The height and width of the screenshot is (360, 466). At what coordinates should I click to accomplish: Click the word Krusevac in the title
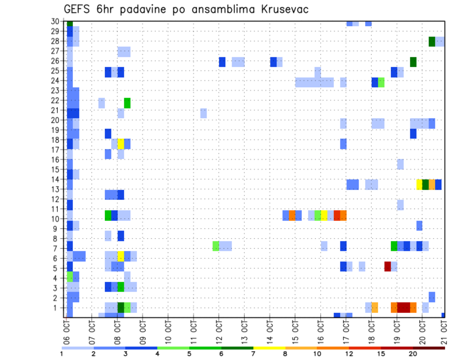[x=281, y=10]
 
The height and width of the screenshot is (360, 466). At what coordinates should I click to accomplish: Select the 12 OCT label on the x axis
[x=219, y=332]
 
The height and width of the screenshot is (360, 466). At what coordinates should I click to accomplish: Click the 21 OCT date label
[x=448, y=332]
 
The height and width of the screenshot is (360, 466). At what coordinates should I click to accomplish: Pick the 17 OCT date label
[x=346, y=332]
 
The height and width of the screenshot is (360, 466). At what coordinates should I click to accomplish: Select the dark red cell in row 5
[x=387, y=266]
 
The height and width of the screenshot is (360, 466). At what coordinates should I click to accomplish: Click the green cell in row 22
[x=127, y=103]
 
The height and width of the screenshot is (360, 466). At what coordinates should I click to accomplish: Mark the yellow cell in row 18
[x=121, y=144]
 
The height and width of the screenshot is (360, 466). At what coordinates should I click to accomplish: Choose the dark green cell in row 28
[x=432, y=42]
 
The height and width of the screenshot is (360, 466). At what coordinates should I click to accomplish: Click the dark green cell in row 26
[x=413, y=62]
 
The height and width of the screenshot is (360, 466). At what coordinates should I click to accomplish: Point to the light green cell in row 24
[x=381, y=82]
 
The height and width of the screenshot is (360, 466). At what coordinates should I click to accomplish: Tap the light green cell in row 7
[x=216, y=246]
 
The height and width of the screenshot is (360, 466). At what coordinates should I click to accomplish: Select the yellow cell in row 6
[x=121, y=256]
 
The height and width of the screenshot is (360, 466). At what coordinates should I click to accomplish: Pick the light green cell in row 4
[x=69, y=277]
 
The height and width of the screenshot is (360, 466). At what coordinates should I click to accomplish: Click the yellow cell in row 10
[x=324, y=215]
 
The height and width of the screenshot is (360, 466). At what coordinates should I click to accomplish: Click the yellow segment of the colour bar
[x=269, y=348]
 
